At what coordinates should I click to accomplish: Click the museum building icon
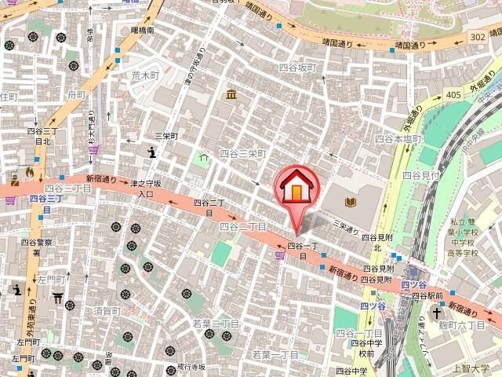(231, 95)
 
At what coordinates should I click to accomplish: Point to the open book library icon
(347, 203)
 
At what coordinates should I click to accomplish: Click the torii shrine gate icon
(57, 298)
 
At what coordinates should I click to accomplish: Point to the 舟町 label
(76, 95)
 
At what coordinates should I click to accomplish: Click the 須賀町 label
(104, 312)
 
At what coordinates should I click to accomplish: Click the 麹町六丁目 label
(475, 324)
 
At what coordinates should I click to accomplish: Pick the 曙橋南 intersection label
(143, 31)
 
